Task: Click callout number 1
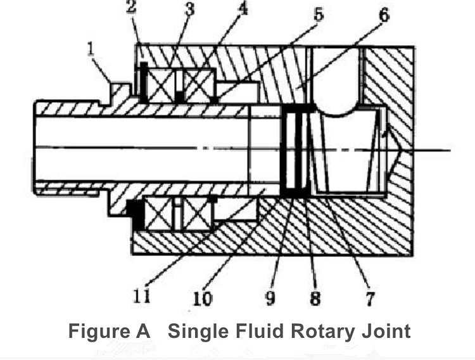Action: click(x=91, y=49)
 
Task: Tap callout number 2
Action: click(x=131, y=7)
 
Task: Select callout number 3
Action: click(x=189, y=9)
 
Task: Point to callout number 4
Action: click(x=243, y=9)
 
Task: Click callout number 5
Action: click(x=319, y=14)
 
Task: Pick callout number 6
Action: click(x=384, y=15)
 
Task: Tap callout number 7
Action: click(x=370, y=299)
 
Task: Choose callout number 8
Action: click(x=315, y=299)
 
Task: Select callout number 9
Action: click(x=270, y=298)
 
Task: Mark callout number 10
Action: click(x=203, y=299)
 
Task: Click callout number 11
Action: click(x=142, y=296)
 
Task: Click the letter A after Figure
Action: click(x=142, y=331)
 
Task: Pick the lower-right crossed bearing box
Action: click(x=196, y=214)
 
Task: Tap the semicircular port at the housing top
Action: click(x=337, y=82)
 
